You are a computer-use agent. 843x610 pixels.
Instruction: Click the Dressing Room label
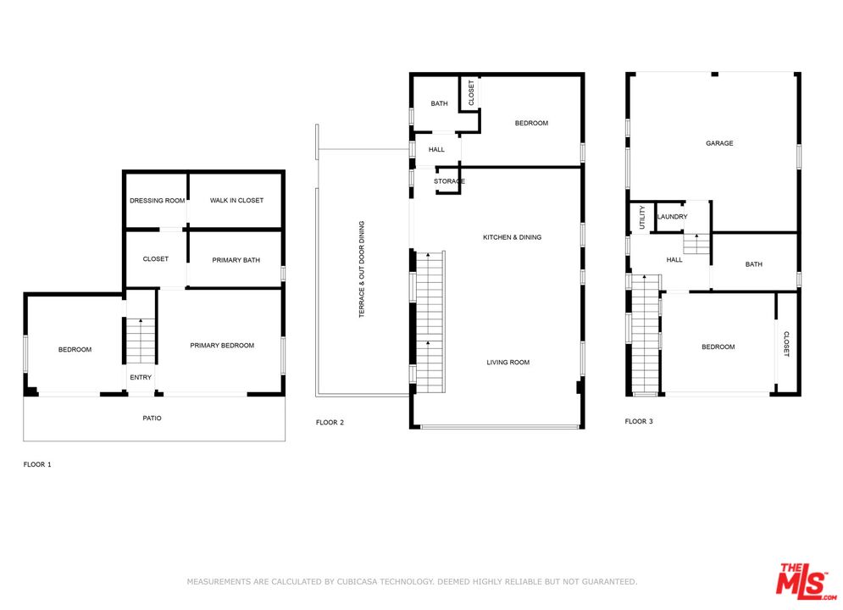click(x=157, y=201)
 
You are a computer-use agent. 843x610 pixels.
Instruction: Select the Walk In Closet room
click(x=236, y=201)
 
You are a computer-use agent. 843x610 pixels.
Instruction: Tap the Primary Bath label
click(x=236, y=260)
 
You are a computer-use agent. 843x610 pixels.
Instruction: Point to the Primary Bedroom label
click(x=222, y=346)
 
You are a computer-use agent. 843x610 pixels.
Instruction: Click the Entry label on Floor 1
click(x=141, y=377)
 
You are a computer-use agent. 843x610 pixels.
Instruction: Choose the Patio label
click(x=153, y=419)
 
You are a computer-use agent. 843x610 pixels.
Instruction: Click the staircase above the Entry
click(x=141, y=341)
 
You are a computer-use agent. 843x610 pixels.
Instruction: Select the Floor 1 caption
click(x=37, y=464)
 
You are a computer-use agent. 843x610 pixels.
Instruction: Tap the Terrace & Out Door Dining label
click(x=361, y=269)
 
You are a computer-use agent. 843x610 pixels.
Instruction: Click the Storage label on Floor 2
click(x=449, y=181)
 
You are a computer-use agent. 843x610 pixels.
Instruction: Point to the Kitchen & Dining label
click(x=513, y=237)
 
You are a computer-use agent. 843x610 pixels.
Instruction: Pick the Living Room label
click(x=508, y=363)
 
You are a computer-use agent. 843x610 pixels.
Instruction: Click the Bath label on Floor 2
click(x=439, y=103)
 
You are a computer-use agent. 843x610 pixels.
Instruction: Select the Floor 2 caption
click(x=330, y=423)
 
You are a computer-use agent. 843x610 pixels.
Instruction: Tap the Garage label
click(x=719, y=143)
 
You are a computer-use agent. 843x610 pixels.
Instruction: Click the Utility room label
click(x=642, y=218)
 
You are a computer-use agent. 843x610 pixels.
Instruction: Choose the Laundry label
click(x=672, y=217)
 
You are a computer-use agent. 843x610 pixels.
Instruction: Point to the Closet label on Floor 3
click(x=786, y=344)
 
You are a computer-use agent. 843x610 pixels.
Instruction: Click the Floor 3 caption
click(x=639, y=421)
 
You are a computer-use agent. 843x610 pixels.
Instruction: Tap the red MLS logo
click(x=805, y=581)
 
